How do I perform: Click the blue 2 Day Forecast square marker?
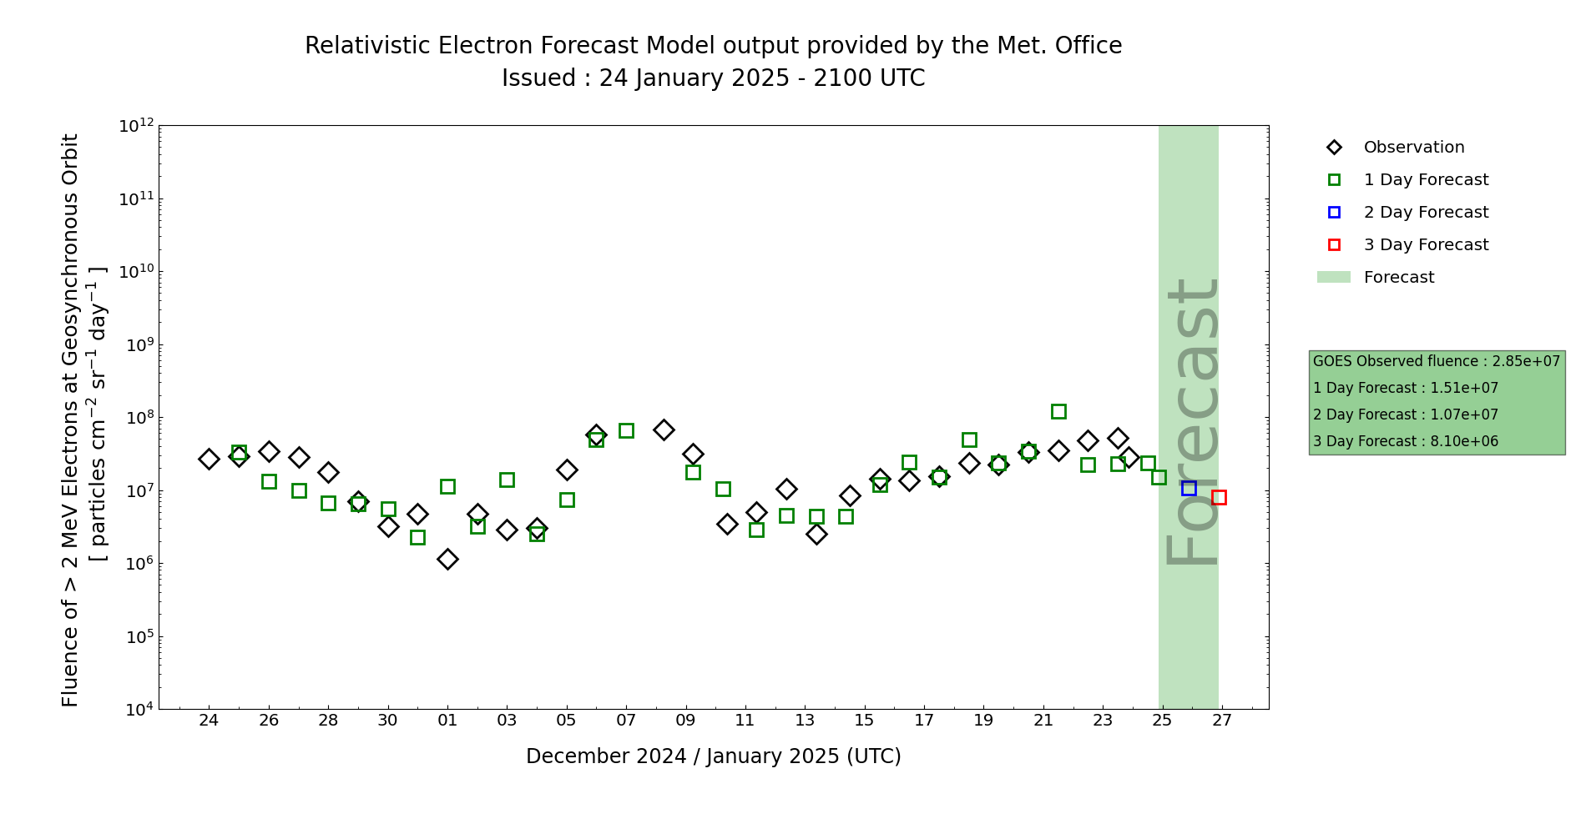tap(1189, 488)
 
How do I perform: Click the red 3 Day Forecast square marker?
tap(1219, 497)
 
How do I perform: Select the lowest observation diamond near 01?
tap(447, 559)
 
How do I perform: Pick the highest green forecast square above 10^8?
tap(1058, 411)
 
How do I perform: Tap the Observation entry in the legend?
tap(1413, 148)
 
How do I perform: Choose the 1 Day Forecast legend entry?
tap(1425, 180)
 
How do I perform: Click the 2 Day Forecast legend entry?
tap(1425, 213)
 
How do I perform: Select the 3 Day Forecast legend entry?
tap(1425, 245)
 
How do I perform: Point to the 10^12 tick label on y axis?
tap(137, 126)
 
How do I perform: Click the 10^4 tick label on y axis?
tap(137, 710)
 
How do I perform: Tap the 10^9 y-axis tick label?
tap(137, 344)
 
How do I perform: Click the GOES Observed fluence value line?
tap(1436, 361)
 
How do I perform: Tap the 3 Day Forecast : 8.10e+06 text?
tap(1405, 441)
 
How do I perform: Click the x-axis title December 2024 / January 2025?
tap(713, 756)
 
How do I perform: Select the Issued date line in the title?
tap(713, 78)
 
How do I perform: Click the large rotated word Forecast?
tap(1192, 421)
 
